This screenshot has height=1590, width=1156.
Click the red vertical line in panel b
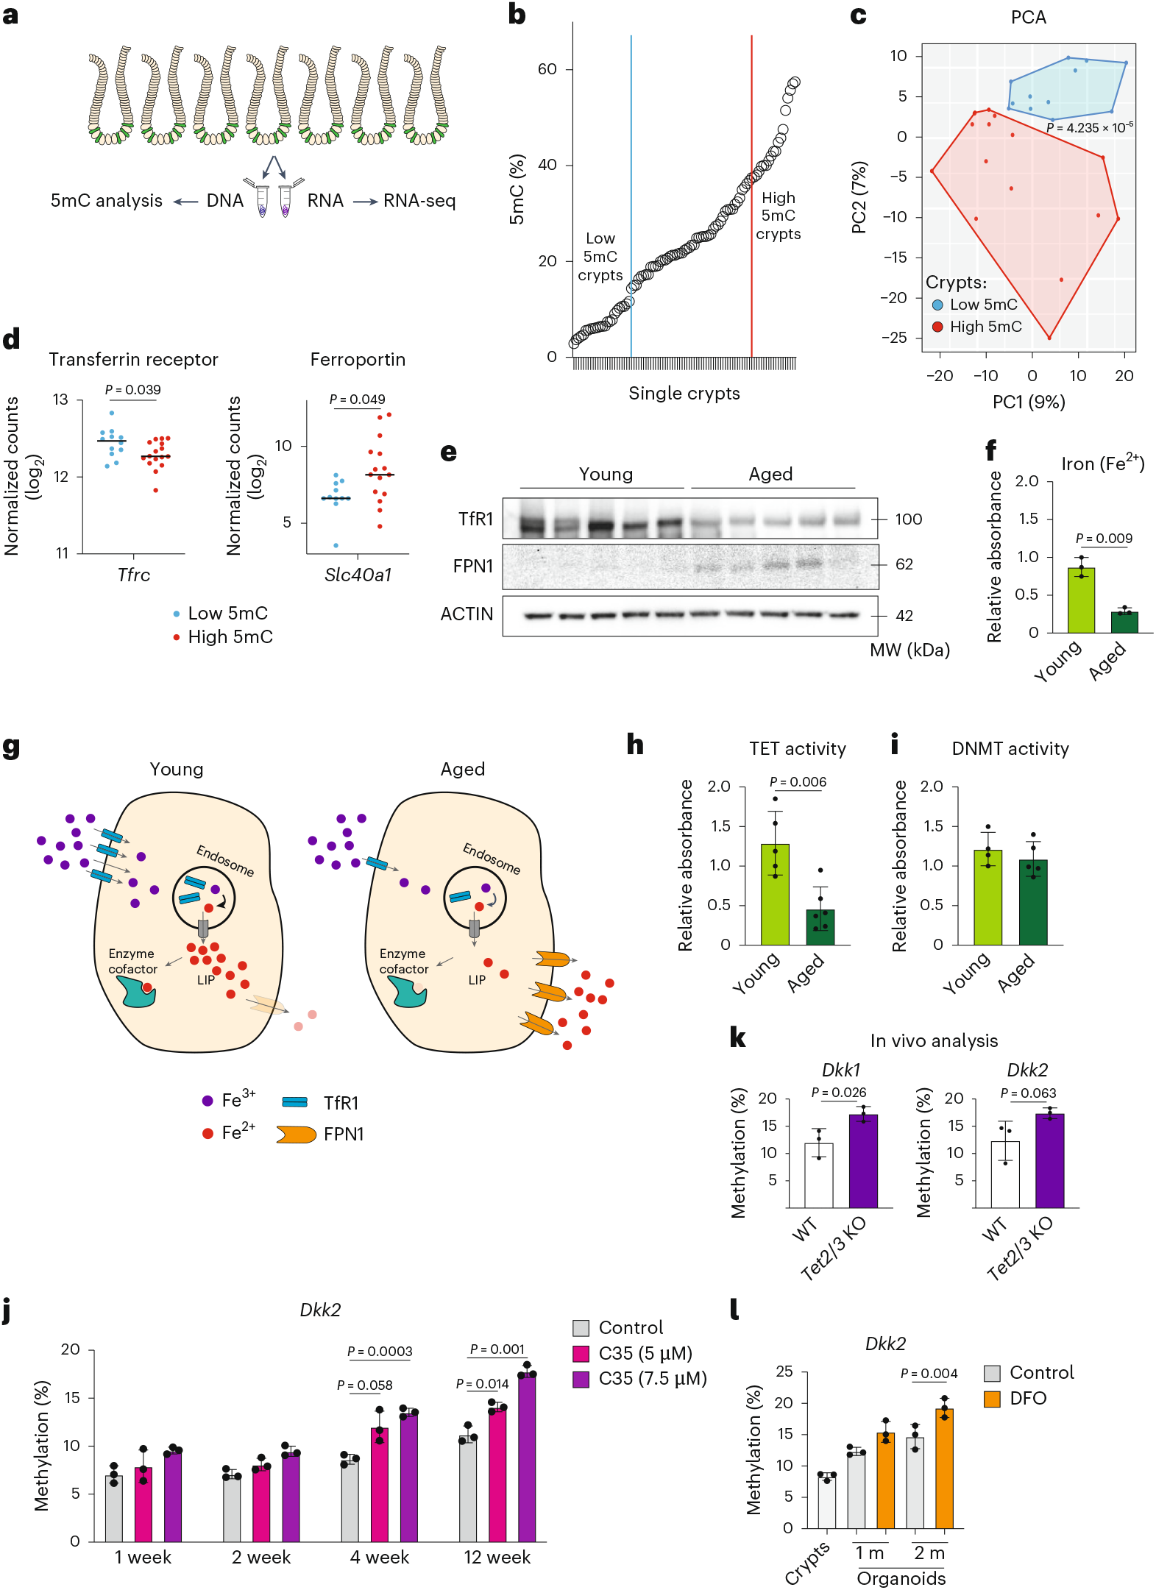(751, 110)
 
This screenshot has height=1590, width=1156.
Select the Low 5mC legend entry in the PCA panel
(975, 305)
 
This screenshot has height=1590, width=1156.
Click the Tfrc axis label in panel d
(133, 575)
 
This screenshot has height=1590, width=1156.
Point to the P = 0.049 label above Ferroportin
(357, 400)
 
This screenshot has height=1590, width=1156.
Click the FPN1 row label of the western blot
(472, 566)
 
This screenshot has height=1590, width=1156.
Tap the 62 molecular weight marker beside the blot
(904, 564)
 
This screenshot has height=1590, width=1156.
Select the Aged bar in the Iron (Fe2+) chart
(1124, 622)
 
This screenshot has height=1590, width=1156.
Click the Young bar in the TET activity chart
(774, 894)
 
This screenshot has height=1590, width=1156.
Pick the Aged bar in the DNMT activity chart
(1032, 902)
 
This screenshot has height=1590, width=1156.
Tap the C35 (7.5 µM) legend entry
(640, 1378)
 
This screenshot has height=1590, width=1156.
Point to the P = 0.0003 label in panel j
(379, 1352)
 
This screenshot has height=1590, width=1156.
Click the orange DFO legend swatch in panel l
(992, 1398)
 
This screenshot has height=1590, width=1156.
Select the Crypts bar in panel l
(826, 1501)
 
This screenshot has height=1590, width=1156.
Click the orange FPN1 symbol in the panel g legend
(296, 1134)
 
